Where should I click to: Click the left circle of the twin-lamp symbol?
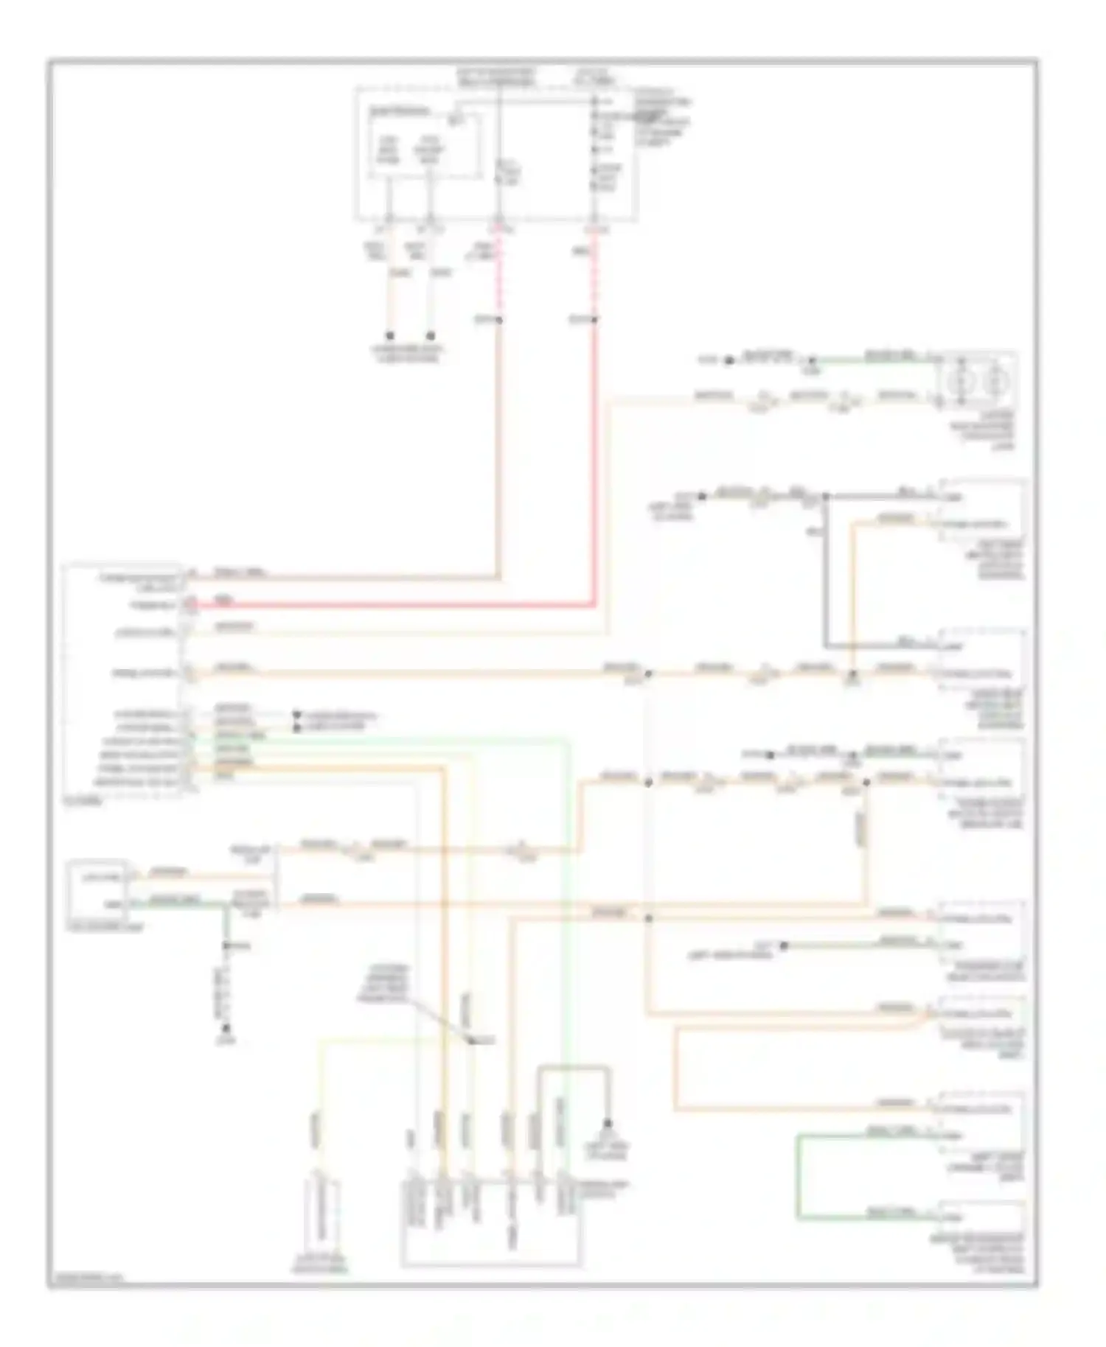tap(961, 382)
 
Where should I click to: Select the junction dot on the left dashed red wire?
tap(499, 320)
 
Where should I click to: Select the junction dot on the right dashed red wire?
tap(594, 319)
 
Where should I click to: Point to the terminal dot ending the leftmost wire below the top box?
tap(390, 335)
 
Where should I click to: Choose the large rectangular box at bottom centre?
tap(491, 1222)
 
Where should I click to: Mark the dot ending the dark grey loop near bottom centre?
tap(608, 1123)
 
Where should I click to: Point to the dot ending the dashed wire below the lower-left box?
tap(227, 1027)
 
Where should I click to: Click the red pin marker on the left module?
tap(189, 605)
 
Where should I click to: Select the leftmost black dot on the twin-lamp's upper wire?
tap(728, 360)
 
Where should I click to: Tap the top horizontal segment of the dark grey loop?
tap(574, 1066)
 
